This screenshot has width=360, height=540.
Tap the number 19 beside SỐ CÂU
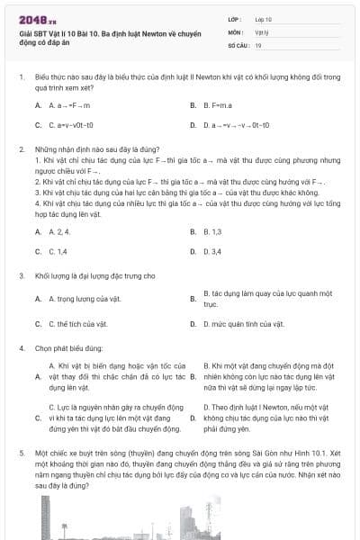[x=258, y=44]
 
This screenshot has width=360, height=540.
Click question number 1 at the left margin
[x=21, y=77]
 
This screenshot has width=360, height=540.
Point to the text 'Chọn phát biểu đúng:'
[x=71, y=347]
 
